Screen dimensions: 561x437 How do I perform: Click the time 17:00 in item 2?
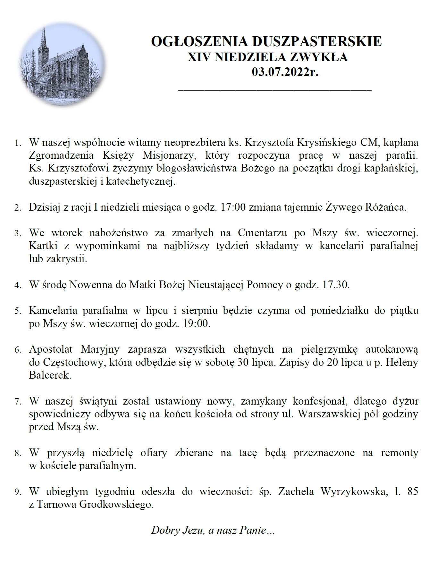(x=233, y=207)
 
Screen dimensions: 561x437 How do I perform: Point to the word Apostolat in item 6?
(x=51, y=349)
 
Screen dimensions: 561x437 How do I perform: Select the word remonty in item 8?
(x=399, y=453)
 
